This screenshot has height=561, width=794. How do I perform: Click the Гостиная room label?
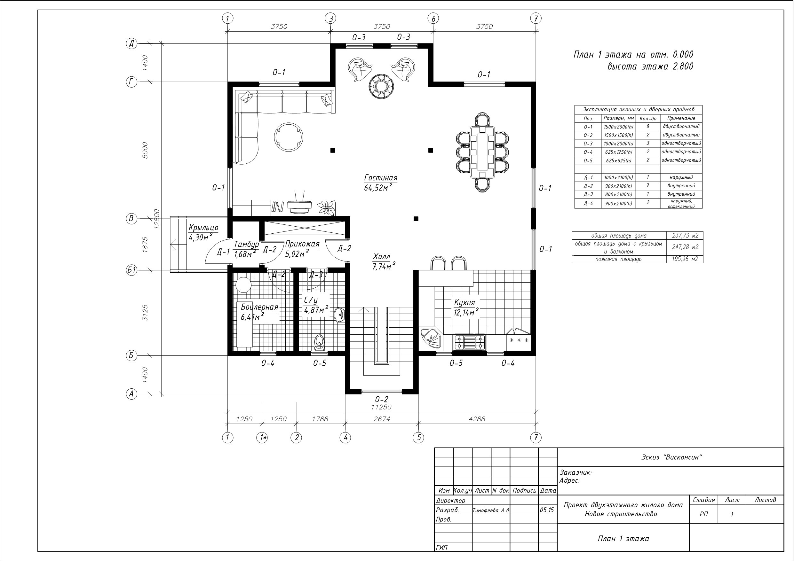[380, 178]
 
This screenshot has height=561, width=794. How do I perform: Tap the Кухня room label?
[464, 303]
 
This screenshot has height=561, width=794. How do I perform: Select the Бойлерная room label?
[259, 307]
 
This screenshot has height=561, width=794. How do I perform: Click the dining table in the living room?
[482, 152]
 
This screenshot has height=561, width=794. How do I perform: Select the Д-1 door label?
[223, 252]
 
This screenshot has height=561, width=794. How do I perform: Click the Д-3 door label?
[316, 275]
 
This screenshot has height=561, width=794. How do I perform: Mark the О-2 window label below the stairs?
[381, 399]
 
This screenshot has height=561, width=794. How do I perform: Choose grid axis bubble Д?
[131, 43]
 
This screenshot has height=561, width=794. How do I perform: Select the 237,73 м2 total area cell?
[685, 235]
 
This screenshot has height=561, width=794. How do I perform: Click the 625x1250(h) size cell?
[619, 152]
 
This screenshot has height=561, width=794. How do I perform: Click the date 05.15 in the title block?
[547, 510]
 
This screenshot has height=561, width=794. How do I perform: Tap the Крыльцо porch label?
[203, 228]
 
